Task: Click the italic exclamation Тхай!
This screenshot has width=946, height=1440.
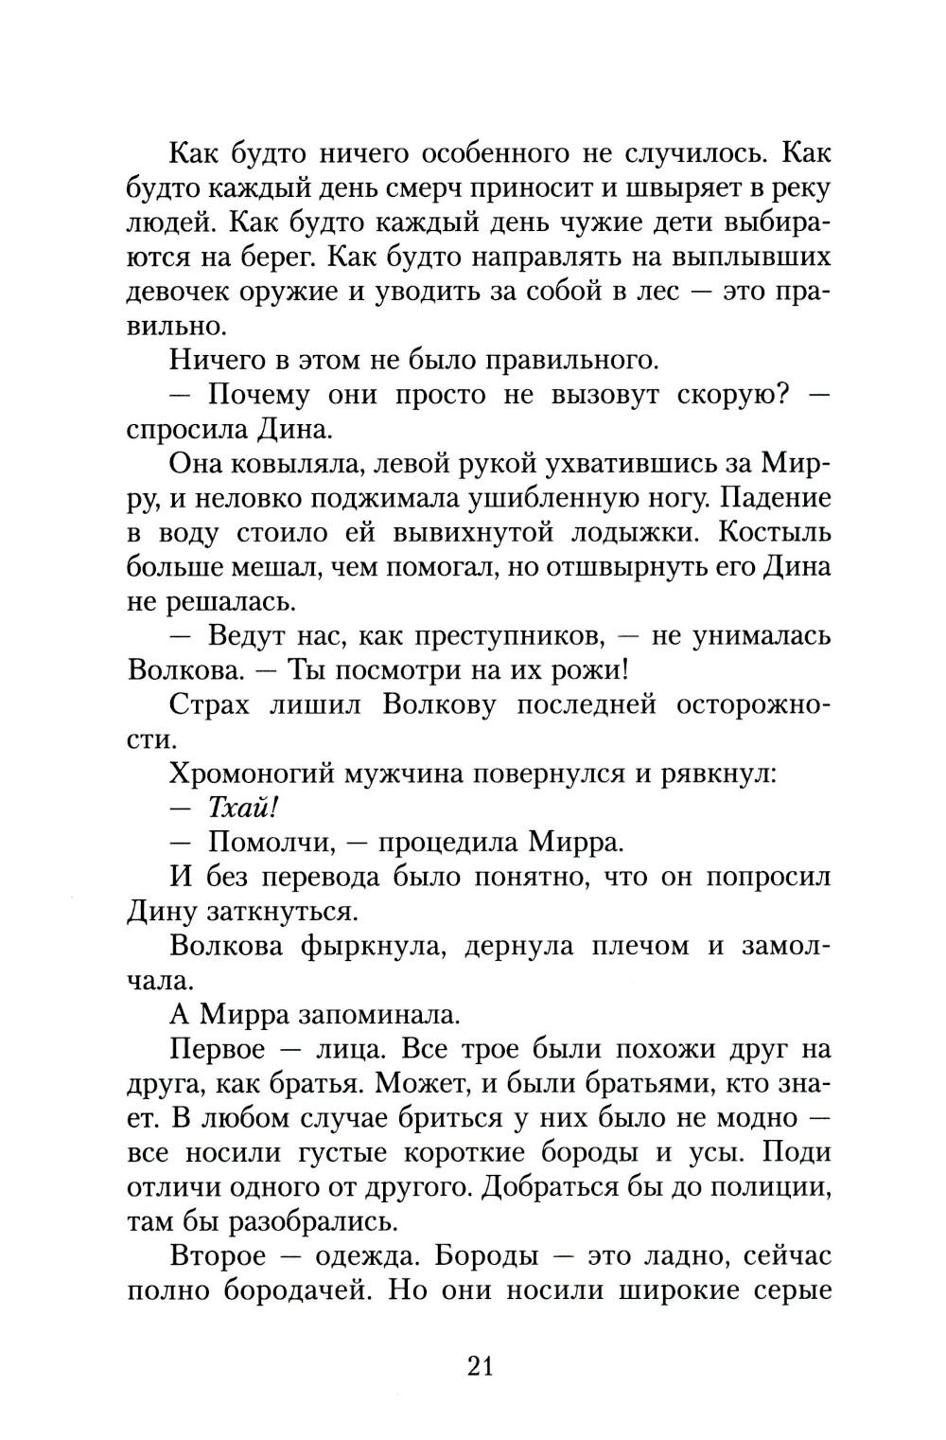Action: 246,808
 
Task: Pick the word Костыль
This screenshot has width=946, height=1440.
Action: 775,532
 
